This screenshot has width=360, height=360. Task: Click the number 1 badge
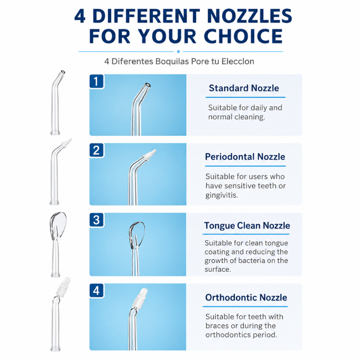tap(96, 81)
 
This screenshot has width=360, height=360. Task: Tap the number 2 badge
tap(96, 150)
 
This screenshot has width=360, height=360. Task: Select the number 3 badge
tap(96, 220)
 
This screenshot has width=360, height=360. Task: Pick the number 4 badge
tap(96, 290)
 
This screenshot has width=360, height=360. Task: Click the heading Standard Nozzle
tap(244, 88)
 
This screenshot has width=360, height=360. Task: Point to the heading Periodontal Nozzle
tap(245, 157)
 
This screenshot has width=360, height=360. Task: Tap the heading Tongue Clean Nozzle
tap(247, 226)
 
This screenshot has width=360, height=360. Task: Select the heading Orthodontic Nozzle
tap(246, 297)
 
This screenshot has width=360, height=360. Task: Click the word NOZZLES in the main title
tap(249, 16)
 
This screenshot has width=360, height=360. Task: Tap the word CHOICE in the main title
tap(243, 36)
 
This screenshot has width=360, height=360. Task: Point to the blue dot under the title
tap(178, 52)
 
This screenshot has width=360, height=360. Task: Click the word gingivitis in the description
tap(221, 195)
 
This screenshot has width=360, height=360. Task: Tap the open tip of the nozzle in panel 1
tap(148, 85)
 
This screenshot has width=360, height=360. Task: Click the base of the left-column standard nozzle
tap(55, 133)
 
